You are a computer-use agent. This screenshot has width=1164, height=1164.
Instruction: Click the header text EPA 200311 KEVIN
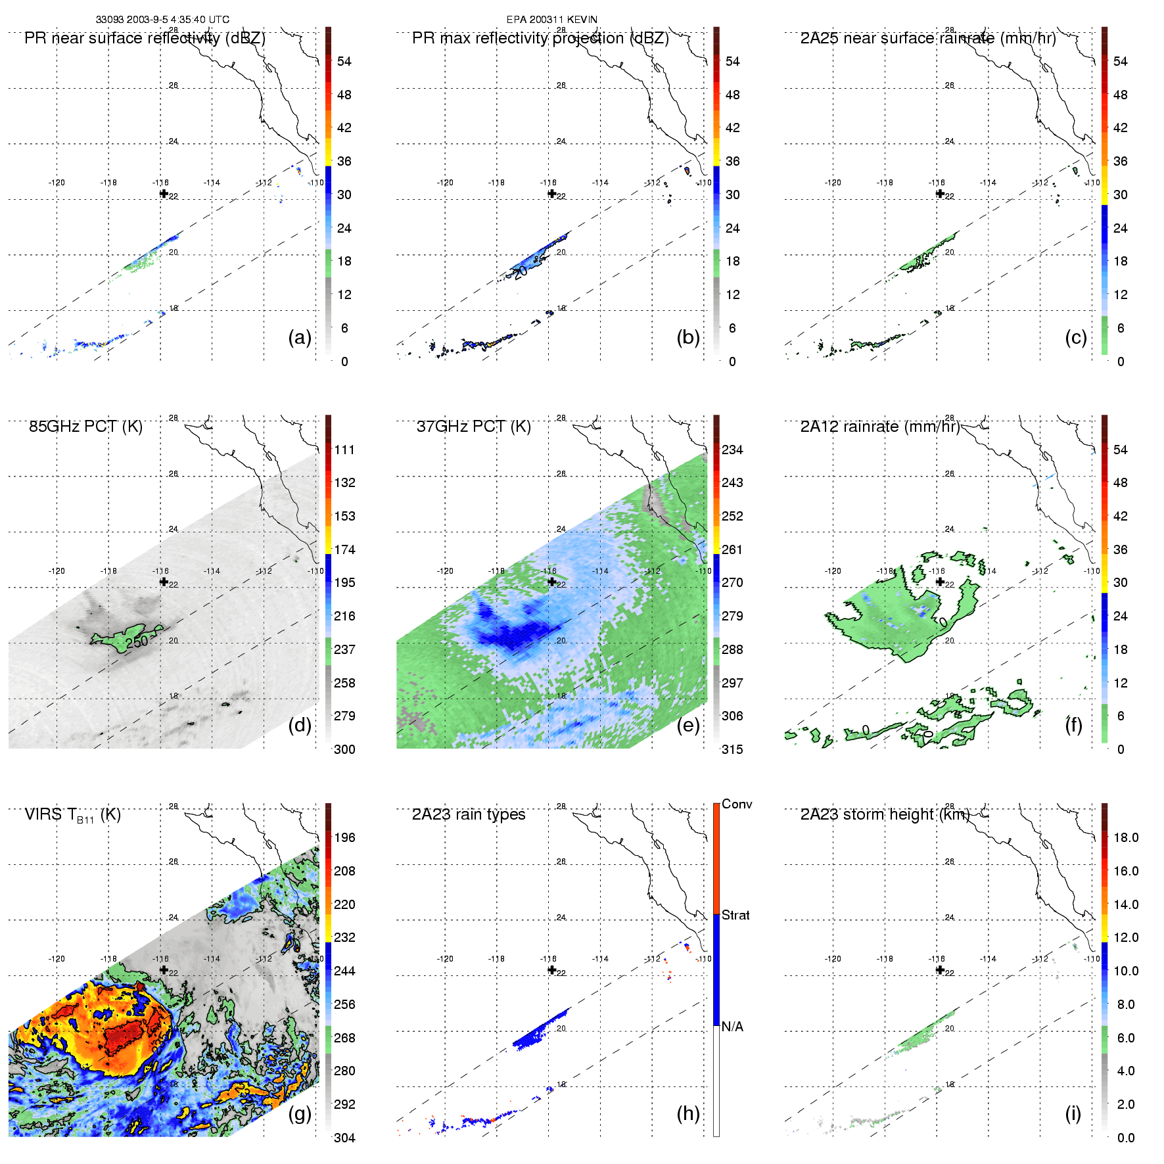pyautogui.click(x=551, y=20)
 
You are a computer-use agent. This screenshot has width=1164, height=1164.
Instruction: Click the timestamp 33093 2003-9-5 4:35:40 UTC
pyautogui.click(x=162, y=20)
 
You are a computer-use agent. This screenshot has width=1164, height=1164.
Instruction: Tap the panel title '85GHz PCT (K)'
pyautogui.click(x=85, y=427)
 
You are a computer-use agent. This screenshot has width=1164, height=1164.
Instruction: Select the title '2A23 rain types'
pyautogui.click(x=468, y=814)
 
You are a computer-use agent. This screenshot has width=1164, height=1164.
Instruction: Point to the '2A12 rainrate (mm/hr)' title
pyautogui.click(x=879, y=427)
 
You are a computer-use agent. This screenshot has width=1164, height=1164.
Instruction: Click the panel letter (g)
pyautogui.click(x=300, y=1113)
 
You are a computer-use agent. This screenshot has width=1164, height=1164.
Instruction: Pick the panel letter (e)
pyautogui.click(x=687, y=725)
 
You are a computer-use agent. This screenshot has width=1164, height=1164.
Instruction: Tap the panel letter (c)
pyautogui.click(x=1075, y=337)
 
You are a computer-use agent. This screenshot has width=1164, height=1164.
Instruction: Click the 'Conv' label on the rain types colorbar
pyautogui.click(x=736, y=804)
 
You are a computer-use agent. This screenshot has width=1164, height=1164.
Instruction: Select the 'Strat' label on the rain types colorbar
pyautogui.click(x=735, y=915)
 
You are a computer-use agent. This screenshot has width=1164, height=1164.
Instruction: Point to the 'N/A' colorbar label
pyautogui.click(x=732, y=1027)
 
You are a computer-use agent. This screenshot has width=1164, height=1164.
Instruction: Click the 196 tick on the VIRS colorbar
pyautogui.click(x=344, y=838)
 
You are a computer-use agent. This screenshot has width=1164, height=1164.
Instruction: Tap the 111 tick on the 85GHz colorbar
pyautogui.click(x=344, y=450)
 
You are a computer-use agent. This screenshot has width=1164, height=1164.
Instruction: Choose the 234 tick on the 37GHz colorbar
pyautogui.click(x=732, y=450)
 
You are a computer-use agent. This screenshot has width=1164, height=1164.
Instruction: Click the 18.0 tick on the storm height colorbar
pyautogui.click(x=1125, y=838)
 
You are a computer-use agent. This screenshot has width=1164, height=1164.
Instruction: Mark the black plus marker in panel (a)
pyautogui.click(x=164, y=193)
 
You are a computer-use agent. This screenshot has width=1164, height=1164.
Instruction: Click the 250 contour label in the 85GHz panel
pyautogui.click(x=137, y=641)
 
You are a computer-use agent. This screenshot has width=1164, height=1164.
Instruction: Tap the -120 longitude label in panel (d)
pyautogui.click(x=57, y=571)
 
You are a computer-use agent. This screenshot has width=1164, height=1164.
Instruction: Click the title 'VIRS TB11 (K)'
pyautogui.click(x=72, y=815)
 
